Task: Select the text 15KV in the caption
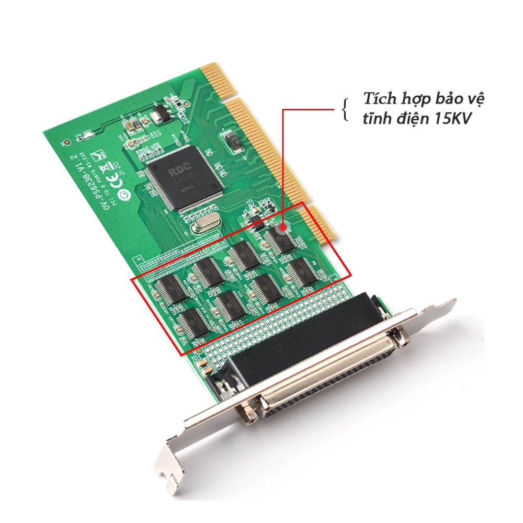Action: point(449,119)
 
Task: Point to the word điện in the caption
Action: point(406,119)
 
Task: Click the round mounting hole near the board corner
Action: point(64,142)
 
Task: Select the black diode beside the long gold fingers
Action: point(230,139)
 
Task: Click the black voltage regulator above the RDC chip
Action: point(160,112)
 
